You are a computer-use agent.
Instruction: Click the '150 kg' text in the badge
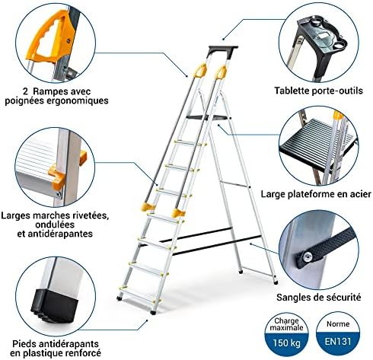(x=286, y=343)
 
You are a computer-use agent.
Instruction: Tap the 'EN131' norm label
(x=338, y=341)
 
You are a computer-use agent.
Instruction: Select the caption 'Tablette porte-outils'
(x=318, y=91)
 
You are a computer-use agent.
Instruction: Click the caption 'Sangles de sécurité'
(x=318, y=297)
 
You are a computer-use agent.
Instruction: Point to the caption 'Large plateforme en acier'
(x=316, y=194)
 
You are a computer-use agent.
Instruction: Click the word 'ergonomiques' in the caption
(x=78, y=100)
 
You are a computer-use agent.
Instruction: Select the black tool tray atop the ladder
(x=223, y=51)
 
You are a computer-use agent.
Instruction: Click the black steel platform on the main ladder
(x=208, y=117)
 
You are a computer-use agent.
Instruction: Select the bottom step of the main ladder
(x=137, y=295)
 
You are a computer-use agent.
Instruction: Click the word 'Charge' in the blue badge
(x=286, y=321)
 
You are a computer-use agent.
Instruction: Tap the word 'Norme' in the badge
(x=338, y=323)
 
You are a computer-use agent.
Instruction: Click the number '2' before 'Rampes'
(x=25, y=91)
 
